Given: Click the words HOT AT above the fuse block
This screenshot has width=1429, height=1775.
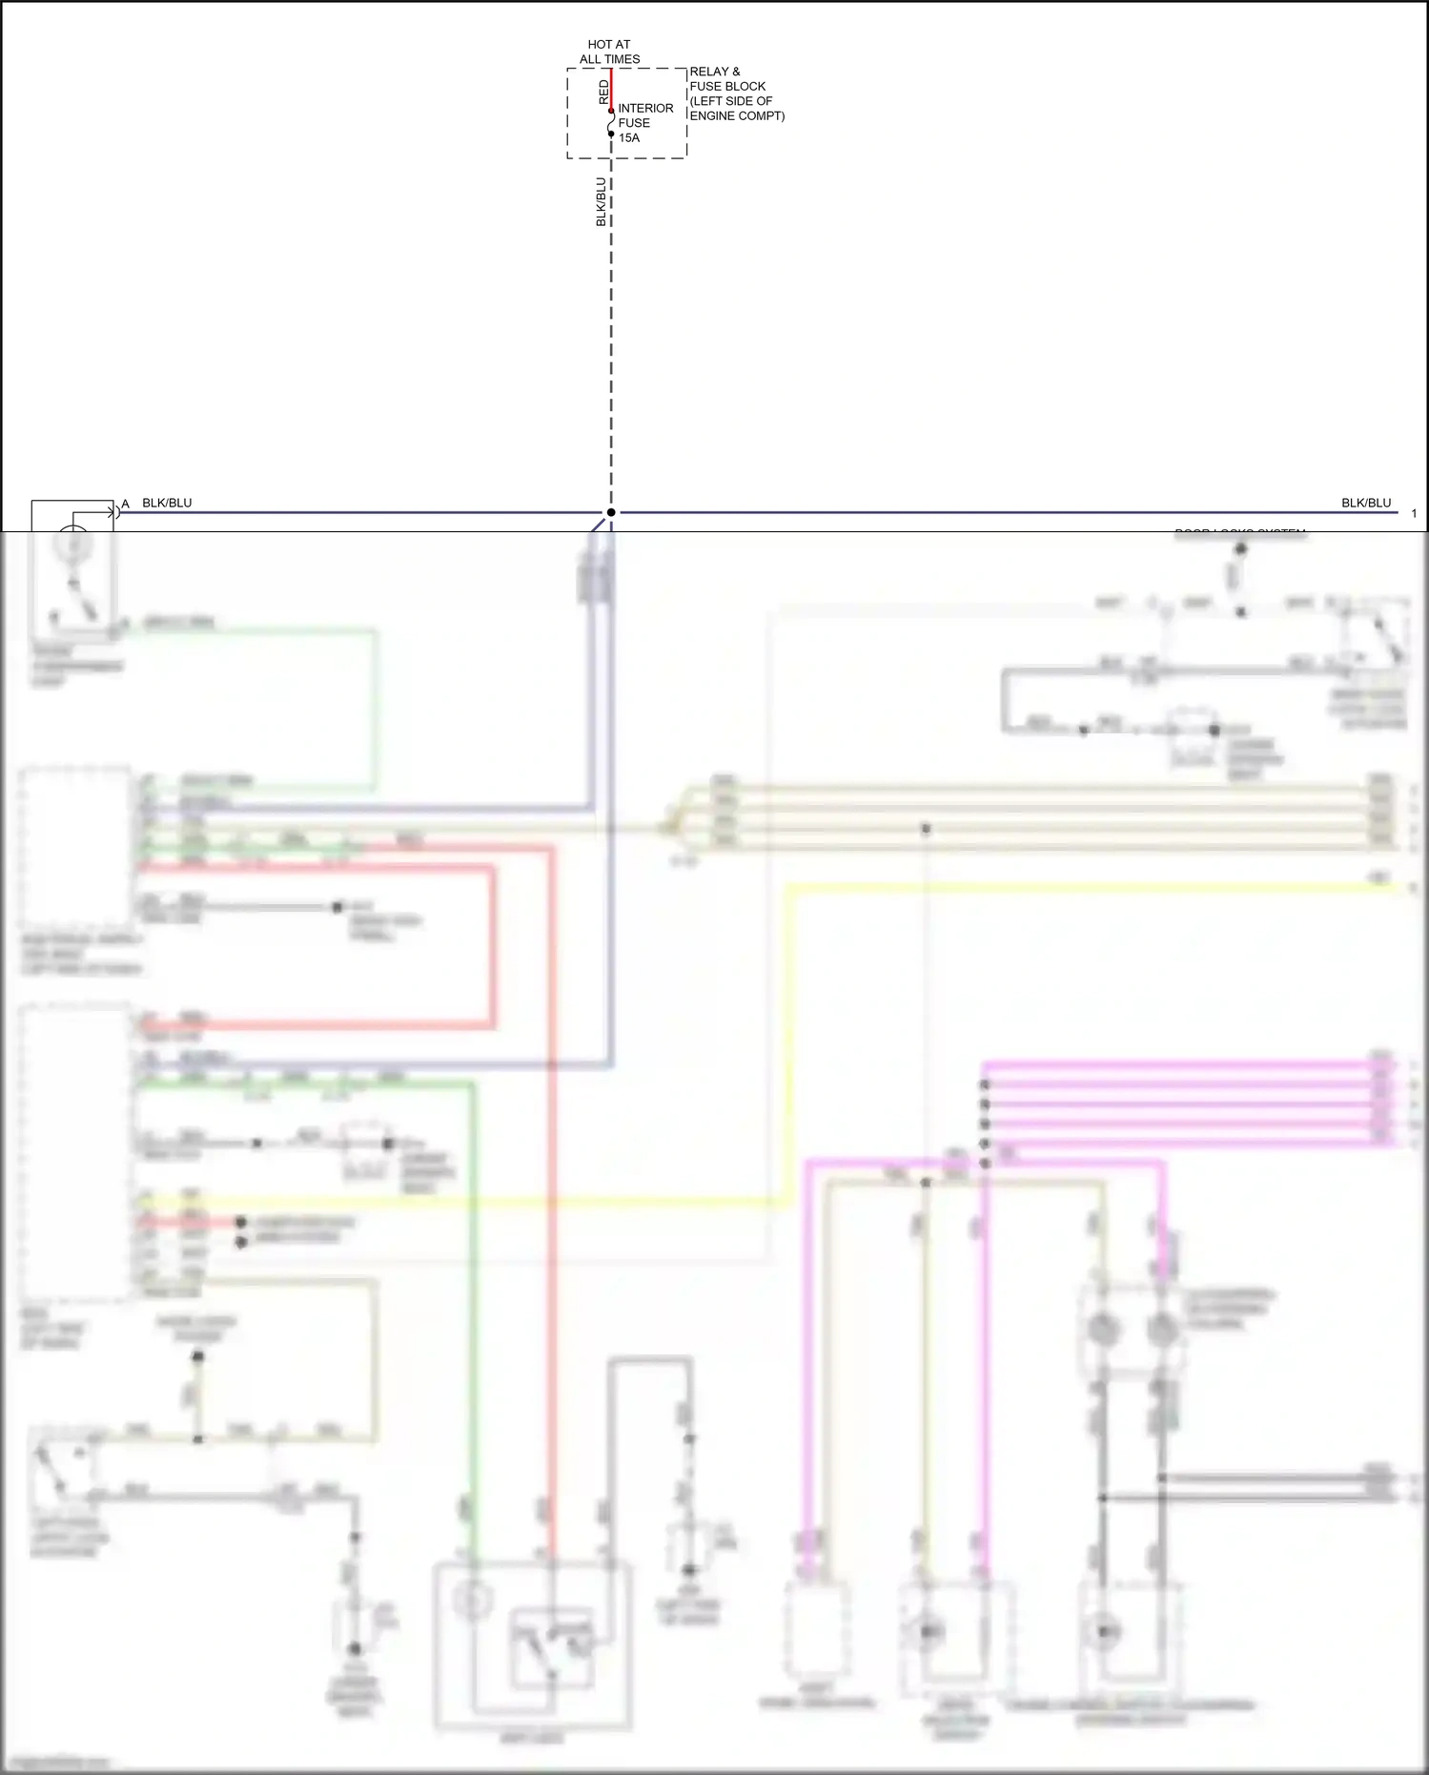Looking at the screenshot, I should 608,44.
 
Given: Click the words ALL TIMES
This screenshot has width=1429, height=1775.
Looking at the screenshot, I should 609,59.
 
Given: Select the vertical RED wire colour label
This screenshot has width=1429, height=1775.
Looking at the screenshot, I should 603,92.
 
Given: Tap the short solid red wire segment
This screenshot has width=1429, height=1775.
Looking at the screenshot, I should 611,88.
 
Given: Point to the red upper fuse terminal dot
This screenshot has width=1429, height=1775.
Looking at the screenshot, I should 611,111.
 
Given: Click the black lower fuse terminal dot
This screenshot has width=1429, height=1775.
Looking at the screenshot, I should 611,134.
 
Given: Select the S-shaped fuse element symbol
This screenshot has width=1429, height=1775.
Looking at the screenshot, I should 611,122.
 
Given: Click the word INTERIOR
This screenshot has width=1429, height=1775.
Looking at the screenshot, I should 645,108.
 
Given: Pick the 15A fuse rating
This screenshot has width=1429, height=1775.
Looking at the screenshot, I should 629,137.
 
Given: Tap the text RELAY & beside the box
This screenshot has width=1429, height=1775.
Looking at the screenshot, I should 714,72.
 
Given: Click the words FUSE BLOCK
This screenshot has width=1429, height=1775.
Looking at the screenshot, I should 727,86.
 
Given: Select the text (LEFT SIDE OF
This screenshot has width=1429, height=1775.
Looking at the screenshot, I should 730,101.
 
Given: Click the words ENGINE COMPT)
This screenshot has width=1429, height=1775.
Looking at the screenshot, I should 737,115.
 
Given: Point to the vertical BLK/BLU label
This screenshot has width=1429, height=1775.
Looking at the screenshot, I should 602,201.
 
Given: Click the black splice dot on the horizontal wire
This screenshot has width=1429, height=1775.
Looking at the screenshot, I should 611,512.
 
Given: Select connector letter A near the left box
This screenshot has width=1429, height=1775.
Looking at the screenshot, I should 125,504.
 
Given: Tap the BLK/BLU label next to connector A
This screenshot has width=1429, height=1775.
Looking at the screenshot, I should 167,503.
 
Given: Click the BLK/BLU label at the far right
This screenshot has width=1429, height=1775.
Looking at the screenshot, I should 1365,503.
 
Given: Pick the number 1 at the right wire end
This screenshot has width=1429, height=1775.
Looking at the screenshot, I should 1414,513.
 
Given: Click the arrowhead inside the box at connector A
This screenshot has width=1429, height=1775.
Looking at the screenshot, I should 112,512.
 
